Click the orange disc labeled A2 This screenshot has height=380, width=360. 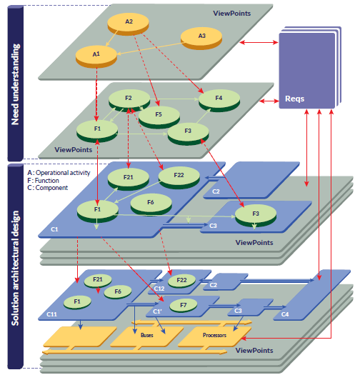click(x=128, y=24)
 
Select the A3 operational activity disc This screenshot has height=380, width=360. click(x=201, y=38)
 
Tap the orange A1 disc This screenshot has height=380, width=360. click(x=96, y=56)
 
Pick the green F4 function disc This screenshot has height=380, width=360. click(x=219, y=100)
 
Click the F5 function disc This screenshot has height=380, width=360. click(x=159, y=117)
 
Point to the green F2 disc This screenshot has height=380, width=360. click(x=129, y=100)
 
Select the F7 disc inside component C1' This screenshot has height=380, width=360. click(x=184, y=306)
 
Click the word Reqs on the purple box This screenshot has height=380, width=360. click(x=294, y=99)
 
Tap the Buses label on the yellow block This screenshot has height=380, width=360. click(x=147, y=335)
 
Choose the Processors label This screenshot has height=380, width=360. click(x=214, y=335)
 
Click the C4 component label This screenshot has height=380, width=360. click(x=285, y=314)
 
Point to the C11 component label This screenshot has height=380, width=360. click(x=51, y=314)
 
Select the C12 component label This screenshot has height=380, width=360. click(x=159, y=289)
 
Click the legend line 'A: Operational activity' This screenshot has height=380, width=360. click(x=59, y=173)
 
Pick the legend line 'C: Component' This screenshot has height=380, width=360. click(x=48, y=188)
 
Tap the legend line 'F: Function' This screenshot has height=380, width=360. click(x=43, y=181)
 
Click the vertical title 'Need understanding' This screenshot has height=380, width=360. click(x=15, y=84)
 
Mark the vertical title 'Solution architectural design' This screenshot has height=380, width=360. click(x=15, y=268)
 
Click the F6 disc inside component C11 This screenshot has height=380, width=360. click(x=118, y=292)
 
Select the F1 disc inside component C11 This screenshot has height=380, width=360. click(x=77, y=302)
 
